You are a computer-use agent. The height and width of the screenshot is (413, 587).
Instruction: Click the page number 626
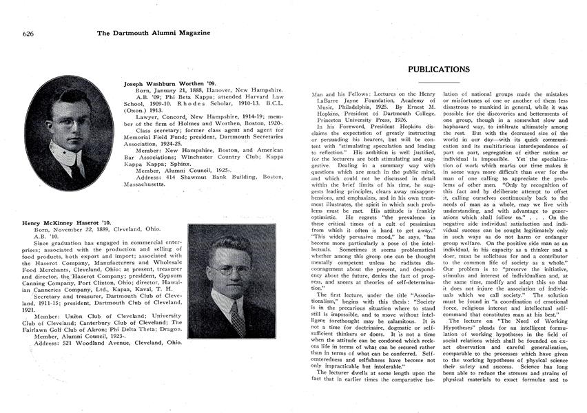pyautogui.click(x=28, y=32)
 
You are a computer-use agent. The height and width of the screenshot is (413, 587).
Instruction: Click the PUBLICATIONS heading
pyautogui.click(x=438, y=70)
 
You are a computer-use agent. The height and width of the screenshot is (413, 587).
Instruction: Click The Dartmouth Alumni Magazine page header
pyautogui.click(x=154, y=32)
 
